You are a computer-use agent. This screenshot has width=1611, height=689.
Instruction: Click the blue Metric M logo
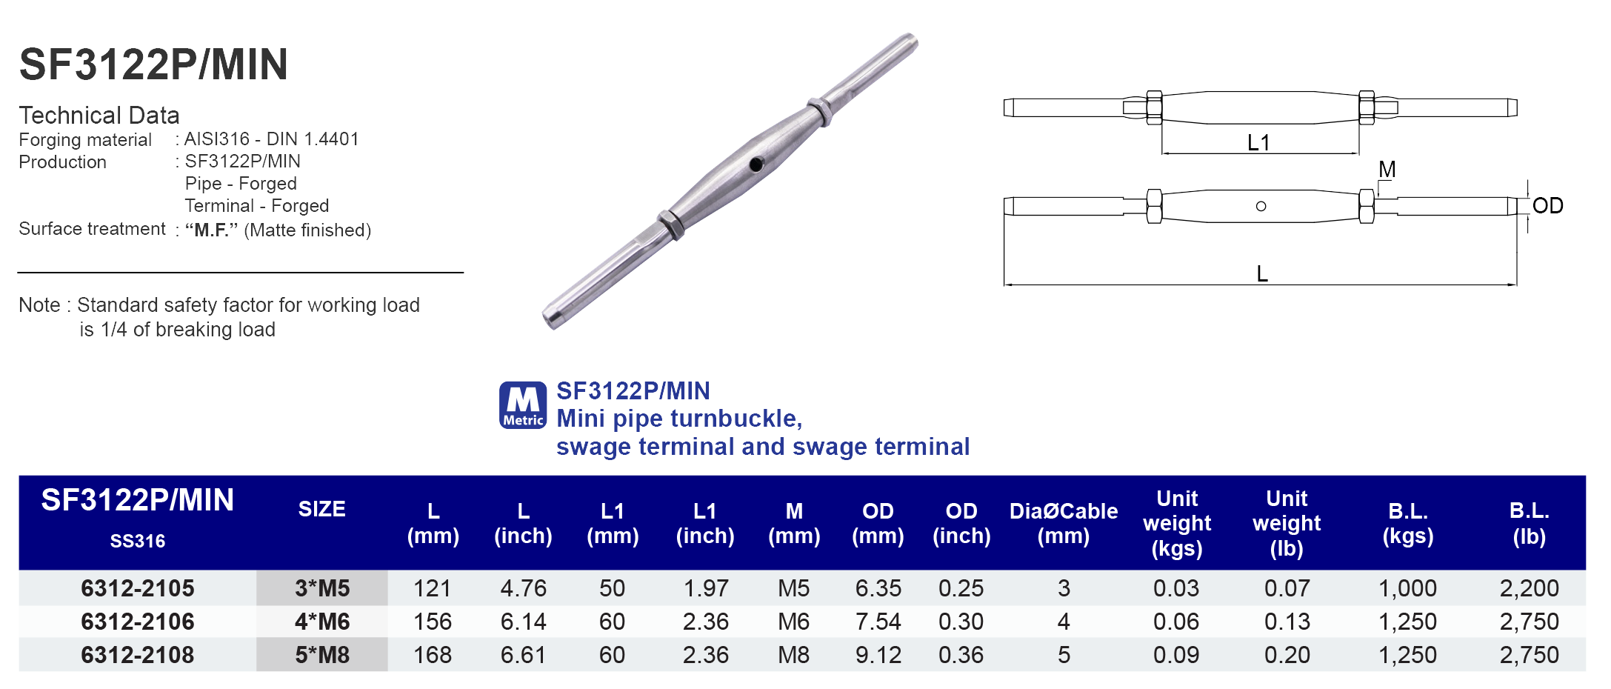click(523, 405)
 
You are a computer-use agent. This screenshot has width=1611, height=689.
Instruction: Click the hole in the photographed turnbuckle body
click(756, 164)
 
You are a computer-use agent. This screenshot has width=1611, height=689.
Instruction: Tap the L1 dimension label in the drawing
click(1258, 142)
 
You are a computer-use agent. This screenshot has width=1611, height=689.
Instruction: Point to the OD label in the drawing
click(1547, 205)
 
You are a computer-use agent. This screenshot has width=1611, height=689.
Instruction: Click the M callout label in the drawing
click(1387, 170)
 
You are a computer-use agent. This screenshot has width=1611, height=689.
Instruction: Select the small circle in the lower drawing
click(1261, 206)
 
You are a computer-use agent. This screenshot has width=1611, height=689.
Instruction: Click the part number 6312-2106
click(138, 622)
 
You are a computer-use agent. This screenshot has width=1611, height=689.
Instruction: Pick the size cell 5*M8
click(322, 655)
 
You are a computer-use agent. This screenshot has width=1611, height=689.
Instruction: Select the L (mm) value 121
click(433, 588)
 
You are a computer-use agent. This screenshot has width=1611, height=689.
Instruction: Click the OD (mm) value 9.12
click(878, 655)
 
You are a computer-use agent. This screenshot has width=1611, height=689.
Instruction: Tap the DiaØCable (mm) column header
click(1063, 523)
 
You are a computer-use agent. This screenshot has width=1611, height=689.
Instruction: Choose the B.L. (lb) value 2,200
click(1529, 588)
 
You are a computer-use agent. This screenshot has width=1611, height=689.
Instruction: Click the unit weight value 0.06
click(1175, 622)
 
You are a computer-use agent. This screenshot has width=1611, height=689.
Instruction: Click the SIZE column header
click(321, 510)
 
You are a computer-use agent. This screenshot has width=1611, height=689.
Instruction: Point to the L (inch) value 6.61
click(523, 655)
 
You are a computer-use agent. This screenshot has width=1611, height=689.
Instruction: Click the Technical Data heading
click(99, 116)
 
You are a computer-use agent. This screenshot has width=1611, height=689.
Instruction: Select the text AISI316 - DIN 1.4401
click(271, 139)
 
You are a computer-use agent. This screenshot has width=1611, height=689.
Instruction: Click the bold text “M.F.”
click(211, 230)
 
